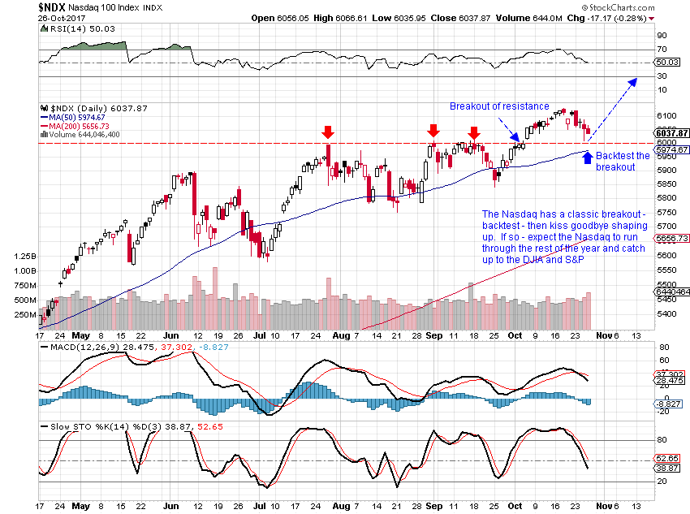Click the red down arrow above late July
(327, 132)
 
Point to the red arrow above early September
(433, 130)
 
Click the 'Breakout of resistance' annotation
(499, 106)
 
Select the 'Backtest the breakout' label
(623, 161)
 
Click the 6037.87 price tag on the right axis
(672, 133)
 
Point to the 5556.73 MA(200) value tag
(672, 238)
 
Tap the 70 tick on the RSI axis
(662, 50)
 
